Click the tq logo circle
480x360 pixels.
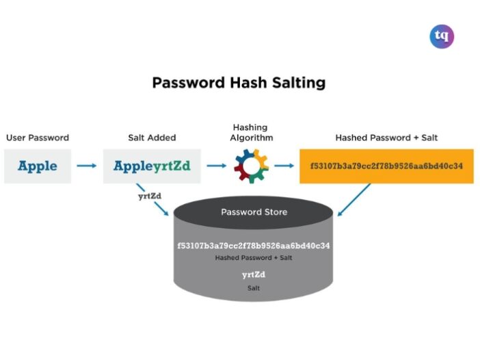(442, 36)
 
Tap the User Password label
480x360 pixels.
(38, 138)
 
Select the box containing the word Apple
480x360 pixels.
(38, 166)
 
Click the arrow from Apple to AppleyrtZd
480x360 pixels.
(87, 166)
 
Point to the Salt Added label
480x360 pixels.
(152, 138)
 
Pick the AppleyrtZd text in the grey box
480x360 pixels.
(152, 166)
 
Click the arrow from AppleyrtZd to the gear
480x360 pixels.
(217, 166)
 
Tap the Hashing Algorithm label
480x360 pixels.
(252, 132)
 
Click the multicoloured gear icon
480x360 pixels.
(252, 166)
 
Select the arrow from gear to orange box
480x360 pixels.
(284, 166)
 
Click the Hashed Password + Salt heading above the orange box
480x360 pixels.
(386, 138)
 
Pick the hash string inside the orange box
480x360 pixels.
(386, 166)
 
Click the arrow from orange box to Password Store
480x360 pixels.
(354, 200)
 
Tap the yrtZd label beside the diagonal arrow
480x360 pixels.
(150, 196)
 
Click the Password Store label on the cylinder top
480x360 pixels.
(254, 212)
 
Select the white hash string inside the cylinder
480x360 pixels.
(254, 246)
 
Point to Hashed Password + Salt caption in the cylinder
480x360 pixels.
(254, 257)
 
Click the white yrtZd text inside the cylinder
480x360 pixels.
(254, 274)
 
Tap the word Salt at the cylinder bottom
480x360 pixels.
(254, 288)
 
